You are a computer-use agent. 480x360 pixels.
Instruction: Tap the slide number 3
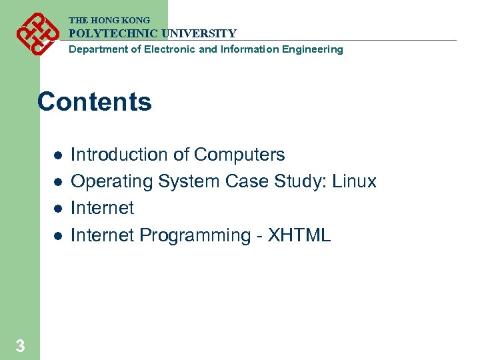coord(21,346)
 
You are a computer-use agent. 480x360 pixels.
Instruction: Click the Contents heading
coord(95,102)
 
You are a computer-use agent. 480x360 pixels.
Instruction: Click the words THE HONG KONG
coord(109,21)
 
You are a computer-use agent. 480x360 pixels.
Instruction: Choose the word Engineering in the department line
coord(313,49)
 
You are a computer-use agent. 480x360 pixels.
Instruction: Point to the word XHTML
coord(299,235)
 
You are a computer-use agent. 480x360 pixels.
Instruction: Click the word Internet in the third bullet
coord(102,208)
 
